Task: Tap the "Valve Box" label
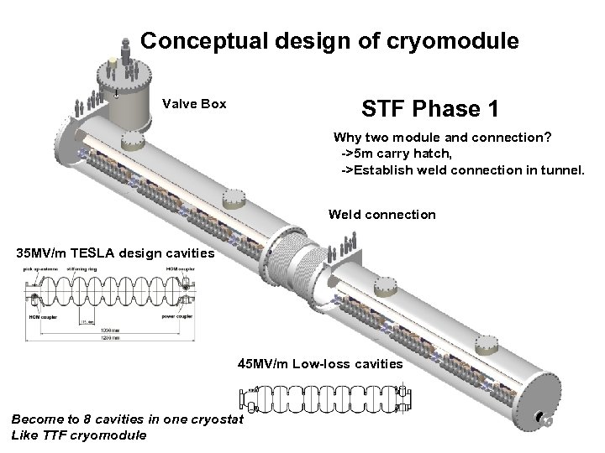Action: (x=194, y=104)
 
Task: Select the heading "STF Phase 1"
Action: (x=429, y=109)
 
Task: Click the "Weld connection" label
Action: (x=382, y=215)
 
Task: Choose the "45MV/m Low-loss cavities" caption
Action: (x=320, y=364)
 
